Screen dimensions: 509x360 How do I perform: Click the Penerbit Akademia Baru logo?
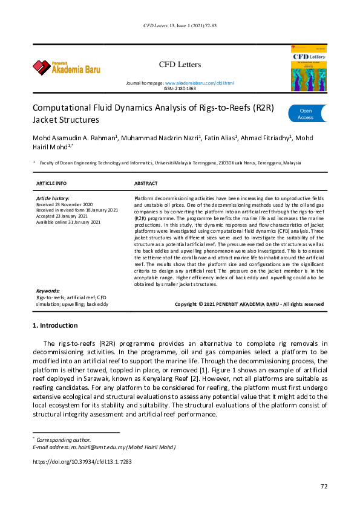(67, 66)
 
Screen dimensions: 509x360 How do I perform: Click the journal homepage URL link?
(199, 82)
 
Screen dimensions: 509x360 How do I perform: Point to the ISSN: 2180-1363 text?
(180, 88)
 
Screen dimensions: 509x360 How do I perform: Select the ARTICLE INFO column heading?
(51, 183)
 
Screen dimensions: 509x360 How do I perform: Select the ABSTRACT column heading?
(145, 183)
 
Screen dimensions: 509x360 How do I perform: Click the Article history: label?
(53, 198)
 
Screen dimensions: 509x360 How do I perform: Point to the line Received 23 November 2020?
(64, 205)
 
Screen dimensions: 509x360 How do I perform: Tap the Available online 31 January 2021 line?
(68, 222)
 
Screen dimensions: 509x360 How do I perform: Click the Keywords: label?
(48, 291)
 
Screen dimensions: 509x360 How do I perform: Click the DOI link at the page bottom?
(82, 461)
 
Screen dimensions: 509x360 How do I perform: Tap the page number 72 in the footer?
(324, 487)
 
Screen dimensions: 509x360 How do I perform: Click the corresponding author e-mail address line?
(103, 447)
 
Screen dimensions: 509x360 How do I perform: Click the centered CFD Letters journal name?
(180, 64)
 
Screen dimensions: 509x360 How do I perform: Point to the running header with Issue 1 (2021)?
(180, 26)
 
